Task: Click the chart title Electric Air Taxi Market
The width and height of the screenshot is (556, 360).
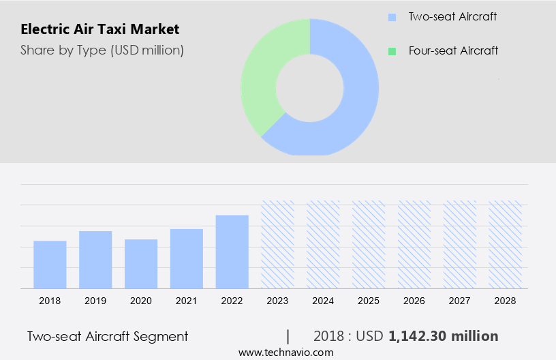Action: tap(100, 29)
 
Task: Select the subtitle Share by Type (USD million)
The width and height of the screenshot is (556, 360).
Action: tap(102, 50)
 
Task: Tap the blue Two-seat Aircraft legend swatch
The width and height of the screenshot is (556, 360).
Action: tap(391, 17)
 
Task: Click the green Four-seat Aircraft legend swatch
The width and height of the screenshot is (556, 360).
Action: tap(391, 51)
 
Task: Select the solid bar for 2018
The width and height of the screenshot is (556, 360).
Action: tap(50, 265)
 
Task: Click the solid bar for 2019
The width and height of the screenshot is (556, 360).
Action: tap(95, 260)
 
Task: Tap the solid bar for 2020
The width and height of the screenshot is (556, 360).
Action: tap(141, 264)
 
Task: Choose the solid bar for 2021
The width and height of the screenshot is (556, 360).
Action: tap(187, 258)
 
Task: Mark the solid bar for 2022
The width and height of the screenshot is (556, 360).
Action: tap(232, 252)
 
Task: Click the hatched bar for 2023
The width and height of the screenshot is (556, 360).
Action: tap(278, 244)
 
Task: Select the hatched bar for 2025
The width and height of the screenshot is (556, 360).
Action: tap(369, 244)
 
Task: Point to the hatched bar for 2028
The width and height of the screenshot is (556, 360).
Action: tap(506, 244)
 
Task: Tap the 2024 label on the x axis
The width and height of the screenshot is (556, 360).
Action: tap(323, 301)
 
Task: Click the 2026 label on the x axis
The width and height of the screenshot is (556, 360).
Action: tap(414, 301)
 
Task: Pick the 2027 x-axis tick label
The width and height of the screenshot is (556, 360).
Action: tap(460, 301)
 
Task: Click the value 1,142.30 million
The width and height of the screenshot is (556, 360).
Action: tap(443, 336)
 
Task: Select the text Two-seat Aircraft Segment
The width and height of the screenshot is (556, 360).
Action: tap(108, 336)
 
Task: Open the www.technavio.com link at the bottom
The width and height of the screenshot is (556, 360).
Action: tap(285, 352)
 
